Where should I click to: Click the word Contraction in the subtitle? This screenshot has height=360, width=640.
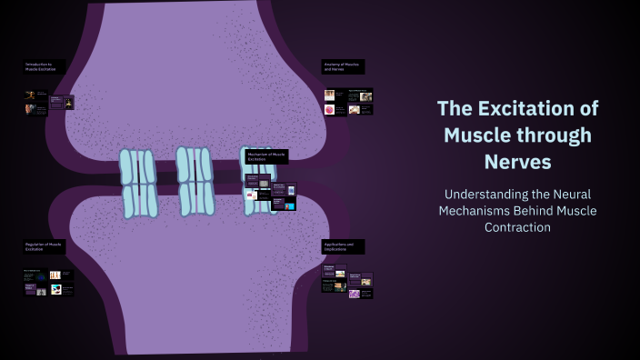517,227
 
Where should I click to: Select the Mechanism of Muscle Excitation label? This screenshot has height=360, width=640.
266,156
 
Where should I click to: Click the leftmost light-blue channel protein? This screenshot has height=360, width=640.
138,184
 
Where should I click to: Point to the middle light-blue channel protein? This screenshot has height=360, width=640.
195,181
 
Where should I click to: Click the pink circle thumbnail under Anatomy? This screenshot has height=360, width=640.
329,110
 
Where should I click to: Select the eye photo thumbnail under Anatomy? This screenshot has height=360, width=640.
365,95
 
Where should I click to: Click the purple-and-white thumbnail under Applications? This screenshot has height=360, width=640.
354,294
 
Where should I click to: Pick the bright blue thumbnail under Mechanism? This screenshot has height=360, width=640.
289,206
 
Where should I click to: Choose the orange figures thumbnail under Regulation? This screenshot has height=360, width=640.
55,275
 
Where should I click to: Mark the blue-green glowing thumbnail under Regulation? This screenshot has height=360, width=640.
55,289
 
